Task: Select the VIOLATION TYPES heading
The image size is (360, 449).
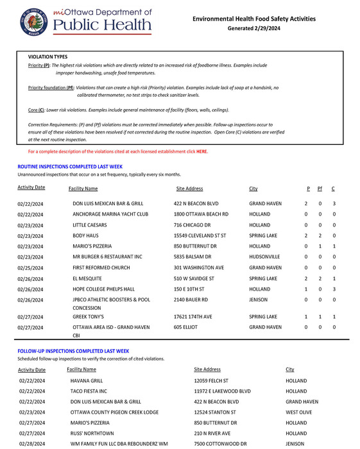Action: tap(48, 57)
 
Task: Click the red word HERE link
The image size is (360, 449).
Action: tap(201, 152)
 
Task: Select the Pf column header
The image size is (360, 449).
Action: tap(320, 189)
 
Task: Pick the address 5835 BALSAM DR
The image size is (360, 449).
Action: tap(195, 257)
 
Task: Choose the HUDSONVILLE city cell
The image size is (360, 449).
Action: tap(266, 257)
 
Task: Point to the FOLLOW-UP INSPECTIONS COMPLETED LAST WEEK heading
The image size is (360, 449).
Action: tap(73, 352)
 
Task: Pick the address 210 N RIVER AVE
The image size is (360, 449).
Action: tap(213, 434)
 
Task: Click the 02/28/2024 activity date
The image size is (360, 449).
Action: tap(32, 444)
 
